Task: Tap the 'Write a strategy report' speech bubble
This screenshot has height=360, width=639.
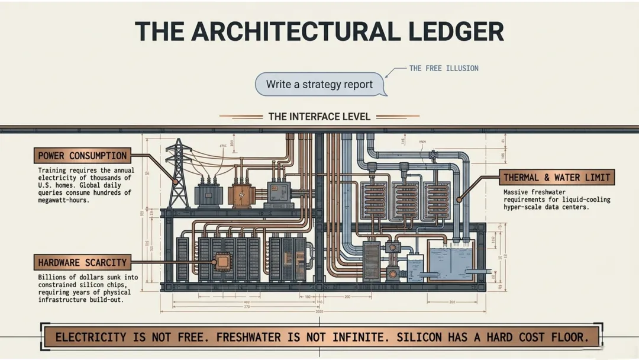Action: pos(319,84)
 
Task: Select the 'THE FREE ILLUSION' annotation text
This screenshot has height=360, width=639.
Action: pos(444,68)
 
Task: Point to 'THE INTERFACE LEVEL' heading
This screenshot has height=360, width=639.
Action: pos(319,117)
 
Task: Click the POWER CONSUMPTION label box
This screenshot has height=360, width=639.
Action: pos(82,156)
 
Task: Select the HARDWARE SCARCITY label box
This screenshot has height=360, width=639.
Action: pos(82,262)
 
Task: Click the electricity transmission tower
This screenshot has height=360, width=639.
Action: pos(177,172)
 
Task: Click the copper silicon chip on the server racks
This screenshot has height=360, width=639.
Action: pos(223,262)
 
